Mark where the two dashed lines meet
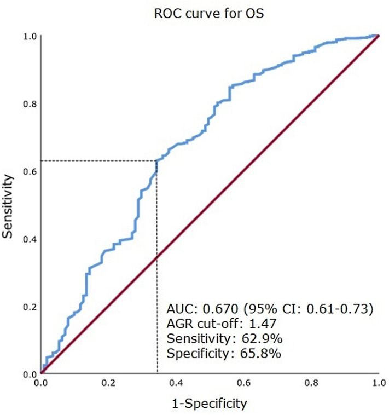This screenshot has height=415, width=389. [157, 160]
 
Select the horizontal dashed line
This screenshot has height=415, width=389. [98, 160]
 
